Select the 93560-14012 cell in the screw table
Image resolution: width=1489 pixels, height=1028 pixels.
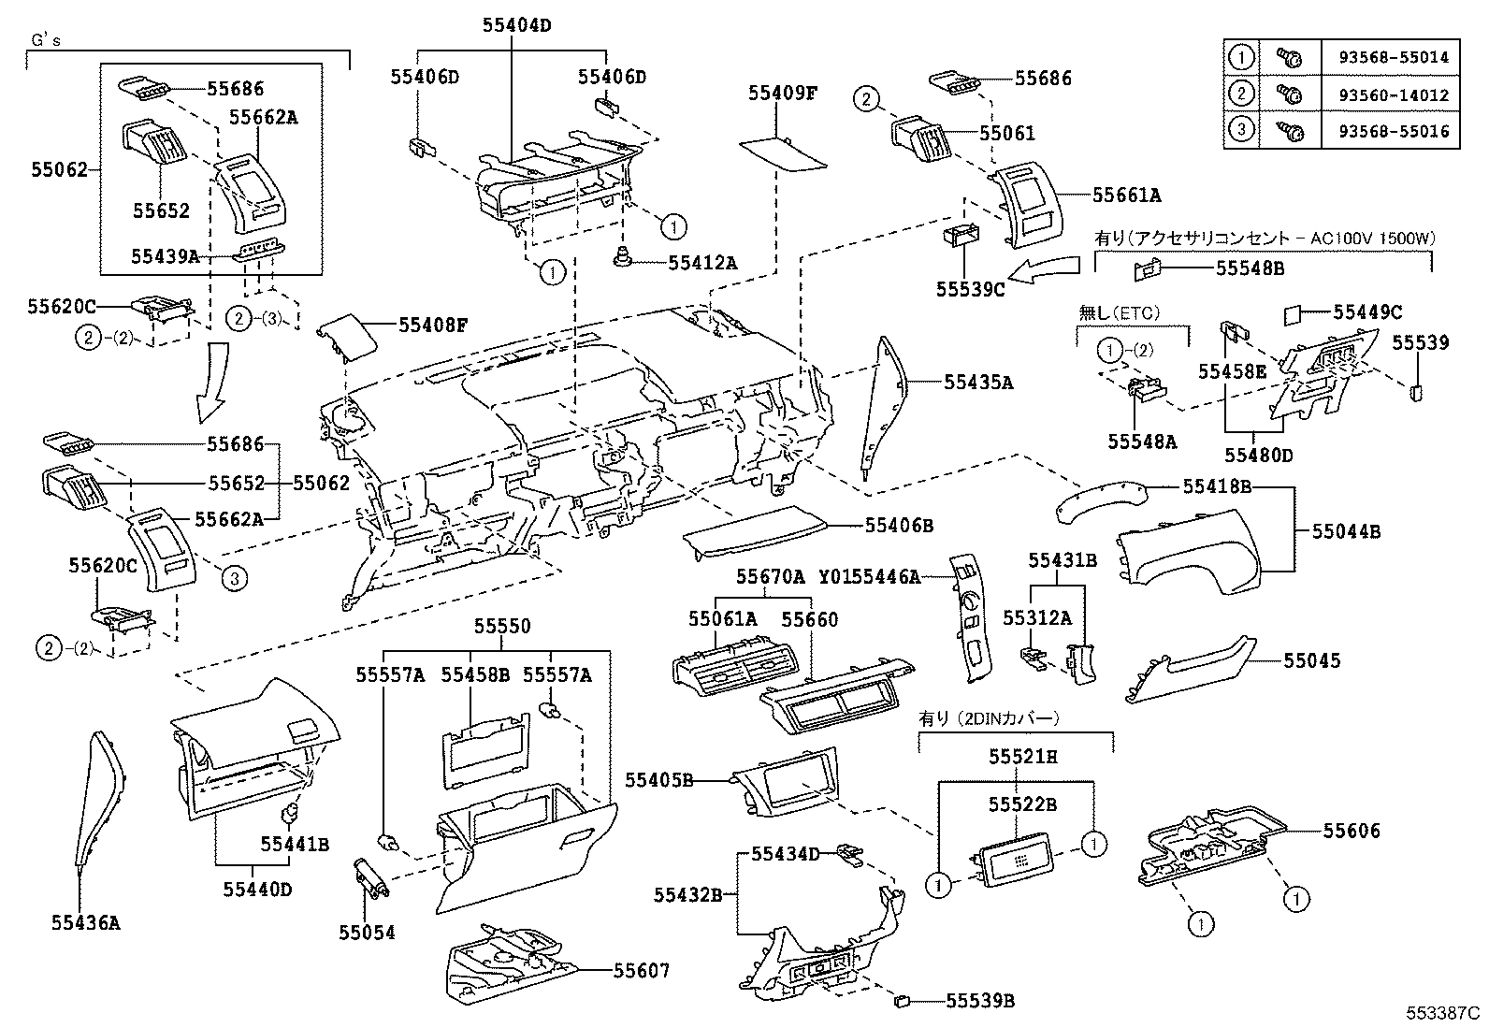(1399, 94)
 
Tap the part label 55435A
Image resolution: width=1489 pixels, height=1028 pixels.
(978, 382)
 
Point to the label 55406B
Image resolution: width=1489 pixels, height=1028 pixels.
(899, 526)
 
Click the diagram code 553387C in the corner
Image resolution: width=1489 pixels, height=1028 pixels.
(1444, 1013)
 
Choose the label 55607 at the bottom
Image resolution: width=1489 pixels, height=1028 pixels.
(642, 971)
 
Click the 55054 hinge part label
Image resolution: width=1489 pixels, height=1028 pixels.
(368, 933)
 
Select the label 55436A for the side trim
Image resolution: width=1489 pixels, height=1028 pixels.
(86, 923)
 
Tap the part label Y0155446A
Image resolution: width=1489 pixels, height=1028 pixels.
(870, 577)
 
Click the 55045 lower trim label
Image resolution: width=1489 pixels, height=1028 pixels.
(1311, 660)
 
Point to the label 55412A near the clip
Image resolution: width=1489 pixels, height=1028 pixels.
(702, 264)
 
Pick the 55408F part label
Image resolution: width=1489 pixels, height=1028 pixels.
(433, 326)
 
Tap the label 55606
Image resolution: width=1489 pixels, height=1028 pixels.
(1352, 831)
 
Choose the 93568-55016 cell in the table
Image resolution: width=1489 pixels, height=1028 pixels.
(1399, 131)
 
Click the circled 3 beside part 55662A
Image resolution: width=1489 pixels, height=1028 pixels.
(235, 580)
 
